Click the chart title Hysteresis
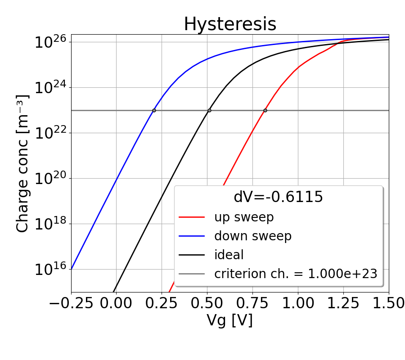[x=230, y=24]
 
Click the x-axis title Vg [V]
[x=229, y=320]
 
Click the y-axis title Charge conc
[x=22, y=163]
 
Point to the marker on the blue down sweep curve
[x=154, y=110]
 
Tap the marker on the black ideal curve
[x=209, y=110]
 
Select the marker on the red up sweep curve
[x=265, y=110]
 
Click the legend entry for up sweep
[x=244, y=217]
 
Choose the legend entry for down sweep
[x=252, y=236]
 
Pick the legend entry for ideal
[x=229, y=255]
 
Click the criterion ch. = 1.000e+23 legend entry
[x=295, y=274]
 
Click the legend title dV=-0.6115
[x=278, y=197]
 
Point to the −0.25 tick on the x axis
[x=71, y=303]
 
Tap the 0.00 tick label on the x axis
[x=116, y=303]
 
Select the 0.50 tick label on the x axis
[x=207, y=303]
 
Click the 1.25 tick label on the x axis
[x=343, y=303]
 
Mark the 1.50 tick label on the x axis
[x=388, y=303]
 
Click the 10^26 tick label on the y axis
[x=50, y=43]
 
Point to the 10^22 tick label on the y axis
[x=50, y=134]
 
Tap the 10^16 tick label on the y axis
[x=50, y=270]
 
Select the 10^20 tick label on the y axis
[x=50, y=179]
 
